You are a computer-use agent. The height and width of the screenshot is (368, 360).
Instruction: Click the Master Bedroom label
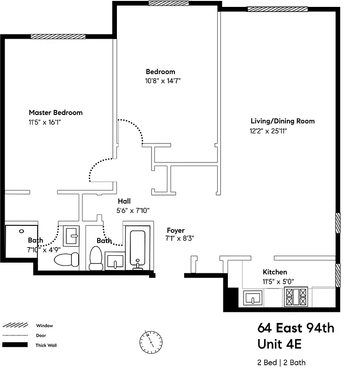[56, 113]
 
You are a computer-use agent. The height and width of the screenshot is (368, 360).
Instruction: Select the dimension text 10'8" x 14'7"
[161, 81]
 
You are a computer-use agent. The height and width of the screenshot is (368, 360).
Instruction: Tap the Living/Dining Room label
[282, 121]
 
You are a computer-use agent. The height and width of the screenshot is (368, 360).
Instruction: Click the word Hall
[124, 201]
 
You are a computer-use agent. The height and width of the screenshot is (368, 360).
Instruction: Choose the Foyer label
[175, 230]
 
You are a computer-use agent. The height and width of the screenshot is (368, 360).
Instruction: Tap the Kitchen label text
[274, 272]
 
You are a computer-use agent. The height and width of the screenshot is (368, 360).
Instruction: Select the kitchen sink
[253, 298]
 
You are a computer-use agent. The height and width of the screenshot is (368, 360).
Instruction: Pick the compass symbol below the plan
[151, 341]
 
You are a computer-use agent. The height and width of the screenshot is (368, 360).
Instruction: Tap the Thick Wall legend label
[46, 345]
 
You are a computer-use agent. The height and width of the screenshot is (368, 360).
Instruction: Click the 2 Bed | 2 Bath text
[281, 362]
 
